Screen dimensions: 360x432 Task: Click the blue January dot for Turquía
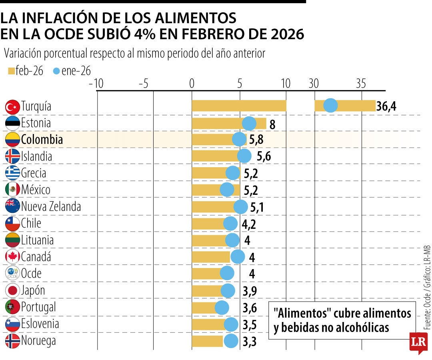tap(330, 106)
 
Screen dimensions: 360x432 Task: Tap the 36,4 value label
tap(386, 107)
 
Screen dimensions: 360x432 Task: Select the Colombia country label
tap(42, 140)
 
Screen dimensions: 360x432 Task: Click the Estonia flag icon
tap(12, 123)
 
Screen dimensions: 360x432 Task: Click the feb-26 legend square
tap(11, 71)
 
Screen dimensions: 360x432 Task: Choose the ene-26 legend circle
tap(56, 71)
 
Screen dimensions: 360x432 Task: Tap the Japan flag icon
tap(12, 291)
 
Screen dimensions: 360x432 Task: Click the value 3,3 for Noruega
tap(250, 342)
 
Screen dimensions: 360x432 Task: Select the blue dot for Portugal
tap(222, 308)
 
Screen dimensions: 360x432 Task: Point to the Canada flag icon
tap(12, 257)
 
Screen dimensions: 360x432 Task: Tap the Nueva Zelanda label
tap(51, 207)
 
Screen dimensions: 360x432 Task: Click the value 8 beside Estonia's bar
tap(272, 124)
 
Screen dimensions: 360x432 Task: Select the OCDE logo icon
tap(12, 274)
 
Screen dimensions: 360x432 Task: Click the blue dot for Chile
tap(230, 224)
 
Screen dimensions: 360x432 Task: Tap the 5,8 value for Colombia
tap(256, 140)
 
